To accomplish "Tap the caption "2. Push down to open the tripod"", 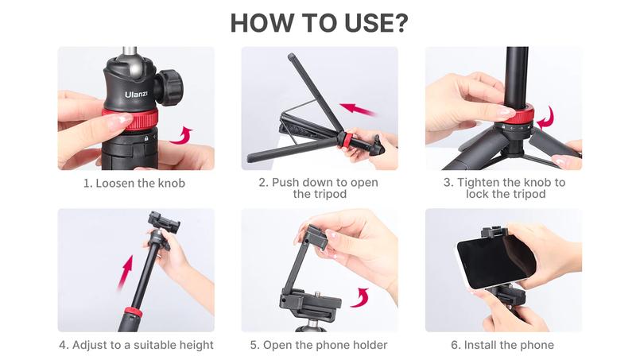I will click(x=318, y=188).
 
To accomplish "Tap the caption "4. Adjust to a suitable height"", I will click(x=136, y=345).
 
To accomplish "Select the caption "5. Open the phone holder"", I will click(x=318, y=345).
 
